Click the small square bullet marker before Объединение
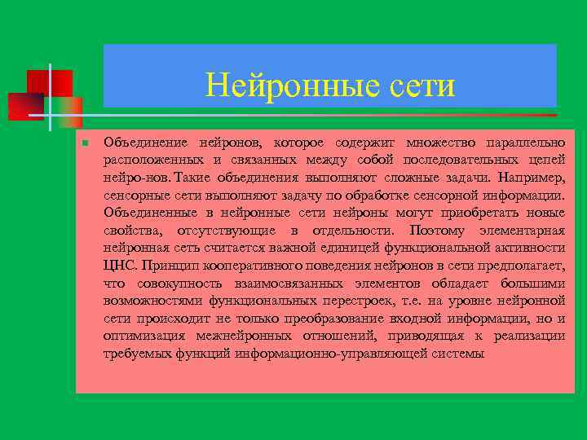coord(84,143)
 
